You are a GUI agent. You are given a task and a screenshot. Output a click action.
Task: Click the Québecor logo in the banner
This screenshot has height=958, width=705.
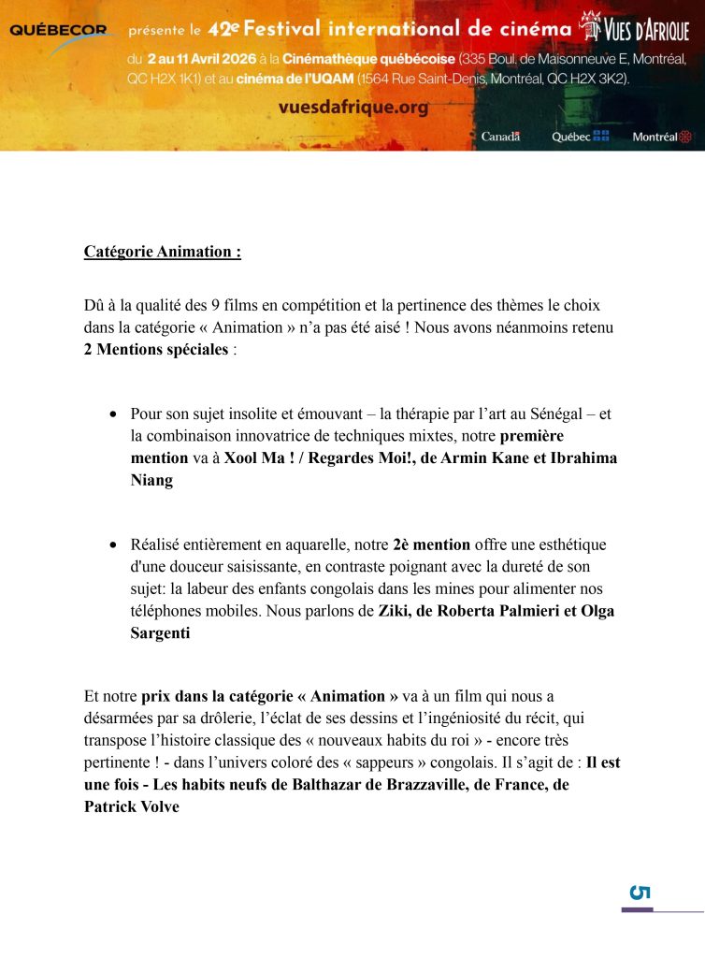58,31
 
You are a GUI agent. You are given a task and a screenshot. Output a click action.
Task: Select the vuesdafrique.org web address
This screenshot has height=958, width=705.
353,108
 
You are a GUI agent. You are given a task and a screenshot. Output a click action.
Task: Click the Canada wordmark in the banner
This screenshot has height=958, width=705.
500,137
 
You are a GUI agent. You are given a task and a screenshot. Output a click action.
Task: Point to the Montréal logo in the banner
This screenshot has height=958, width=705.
661,137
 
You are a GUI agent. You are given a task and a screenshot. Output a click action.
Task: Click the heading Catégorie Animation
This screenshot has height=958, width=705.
162,252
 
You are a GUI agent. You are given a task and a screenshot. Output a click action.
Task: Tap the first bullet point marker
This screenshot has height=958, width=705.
113,414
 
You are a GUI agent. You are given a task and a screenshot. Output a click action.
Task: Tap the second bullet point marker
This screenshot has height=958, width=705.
113,544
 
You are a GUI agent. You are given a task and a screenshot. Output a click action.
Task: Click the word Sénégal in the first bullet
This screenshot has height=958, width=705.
546,414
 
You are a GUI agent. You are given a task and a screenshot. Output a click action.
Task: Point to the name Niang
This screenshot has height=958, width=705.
151,480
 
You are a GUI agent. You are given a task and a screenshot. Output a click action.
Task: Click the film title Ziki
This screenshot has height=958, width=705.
394,611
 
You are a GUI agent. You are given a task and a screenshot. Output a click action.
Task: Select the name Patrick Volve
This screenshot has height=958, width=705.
131,806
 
